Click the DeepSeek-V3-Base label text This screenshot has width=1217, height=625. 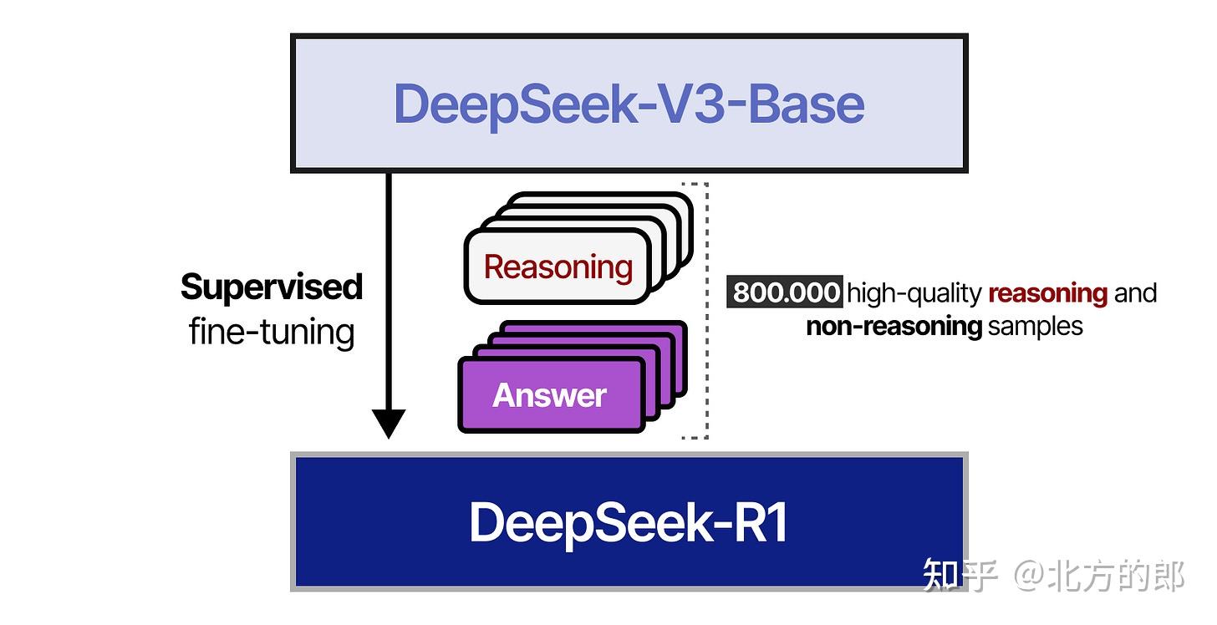click(x=629, y=104)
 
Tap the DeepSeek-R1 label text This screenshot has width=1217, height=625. click(x=629, y=523)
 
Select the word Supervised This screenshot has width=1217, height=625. click(x=272, y=287)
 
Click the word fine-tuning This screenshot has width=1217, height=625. click(x=272, y=332)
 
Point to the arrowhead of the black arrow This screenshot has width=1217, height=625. click(x=388, y=424)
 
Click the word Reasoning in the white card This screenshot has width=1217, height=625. click(x=558, y=267)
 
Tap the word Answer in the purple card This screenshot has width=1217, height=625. click(x=549, y=395)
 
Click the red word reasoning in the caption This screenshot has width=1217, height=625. click(x=1047, y=293)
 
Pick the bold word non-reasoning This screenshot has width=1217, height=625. click(x=894, y=326)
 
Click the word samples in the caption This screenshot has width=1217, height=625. click(x=1035, y=326)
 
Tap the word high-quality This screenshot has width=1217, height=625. click(x=914, y=293)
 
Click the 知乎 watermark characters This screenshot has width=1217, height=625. click(x=960, y=577)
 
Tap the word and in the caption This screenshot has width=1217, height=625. click(x=1135, y=293)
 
